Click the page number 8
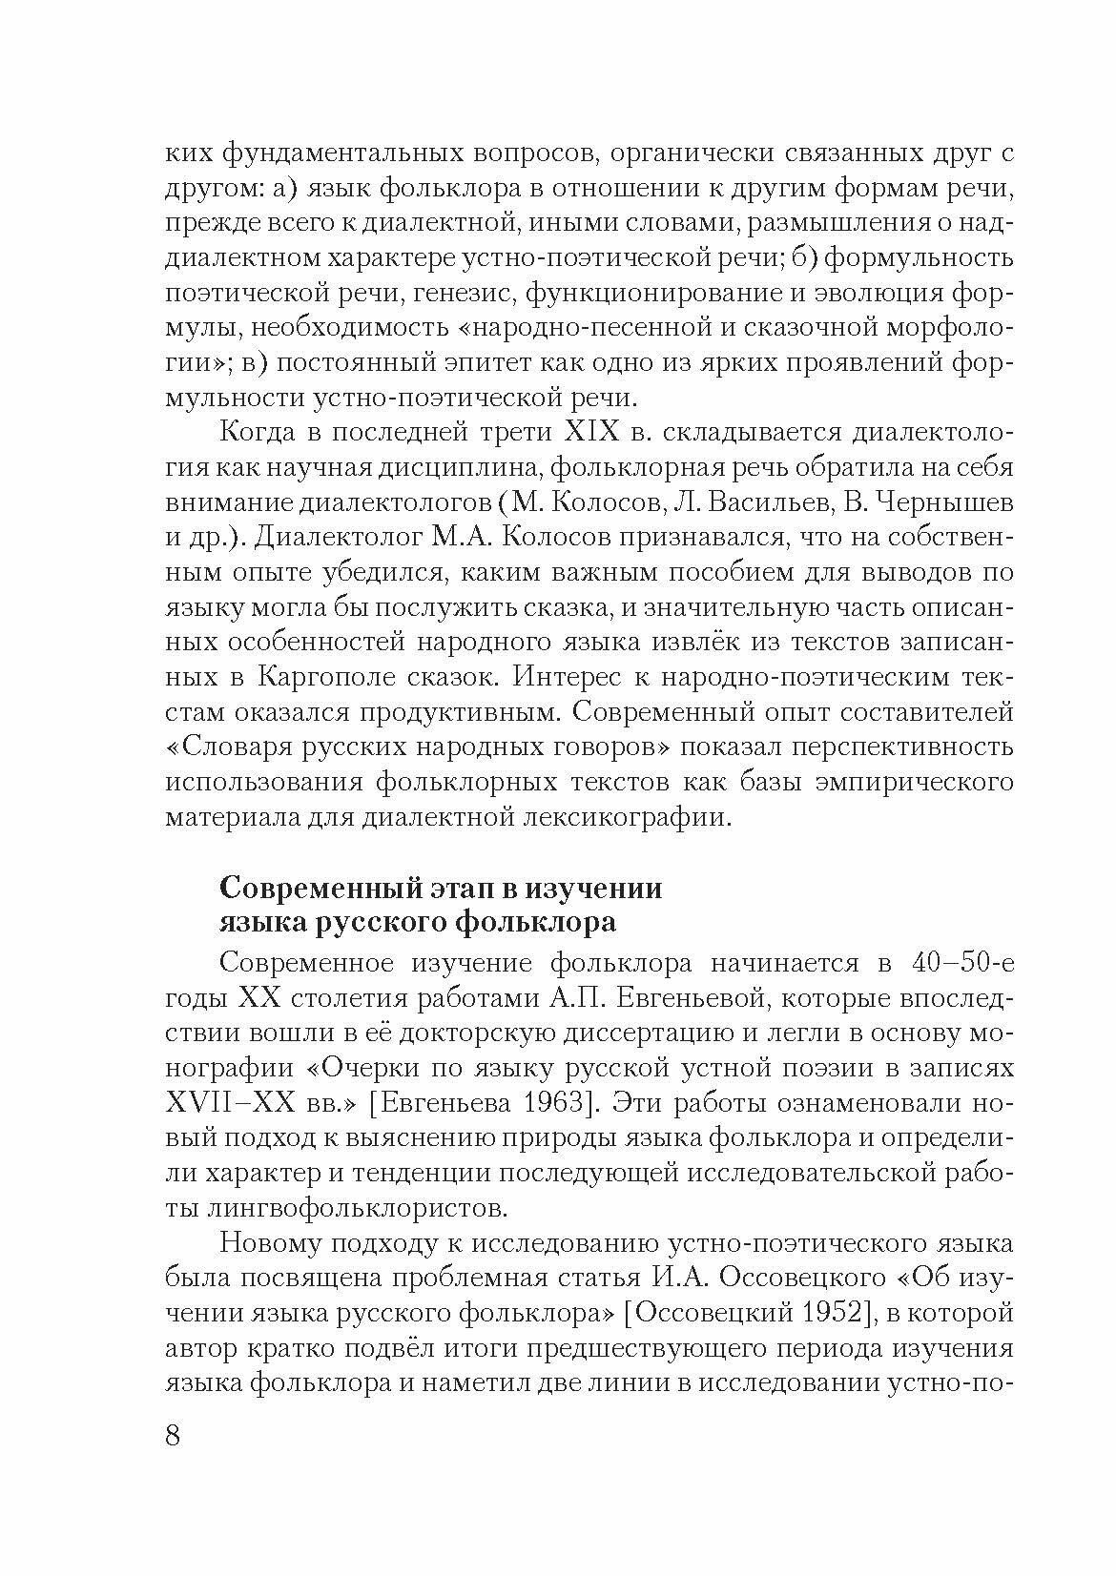(x=173, y=1436)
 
